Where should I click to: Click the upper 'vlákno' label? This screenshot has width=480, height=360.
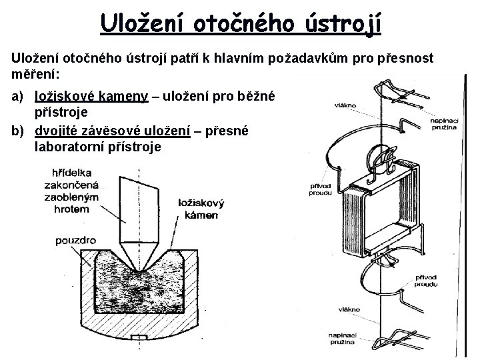click(x=345, y=105)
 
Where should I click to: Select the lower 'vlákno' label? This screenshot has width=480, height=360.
click(x=348, y=309)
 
